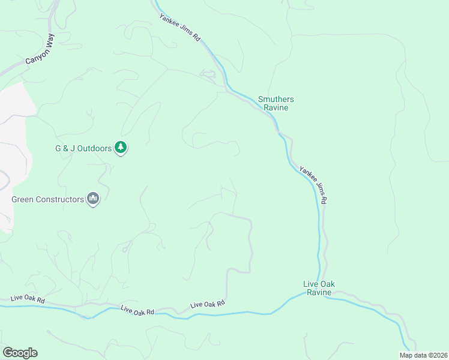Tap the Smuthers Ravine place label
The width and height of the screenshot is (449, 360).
pos(276,103)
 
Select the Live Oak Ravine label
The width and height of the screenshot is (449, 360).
pos(319,288)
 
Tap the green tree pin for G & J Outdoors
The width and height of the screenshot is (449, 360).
pos(121,148)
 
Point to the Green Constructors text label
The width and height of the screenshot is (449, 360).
pos(48,199)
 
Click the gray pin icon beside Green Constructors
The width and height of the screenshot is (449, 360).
pos(93,199)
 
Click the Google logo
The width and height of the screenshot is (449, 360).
pos(19,353)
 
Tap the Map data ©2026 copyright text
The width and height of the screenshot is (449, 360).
pos(423,355)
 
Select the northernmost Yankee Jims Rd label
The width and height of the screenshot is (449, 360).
pos(180,26)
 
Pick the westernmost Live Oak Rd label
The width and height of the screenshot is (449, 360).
pos(28,299)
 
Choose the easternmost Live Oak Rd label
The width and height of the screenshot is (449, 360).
pos(207,305)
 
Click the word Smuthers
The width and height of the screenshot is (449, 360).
pos(276,99)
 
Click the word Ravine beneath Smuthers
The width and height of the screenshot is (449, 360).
pos(276,108)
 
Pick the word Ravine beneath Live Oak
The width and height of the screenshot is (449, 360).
pos(319,292)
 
